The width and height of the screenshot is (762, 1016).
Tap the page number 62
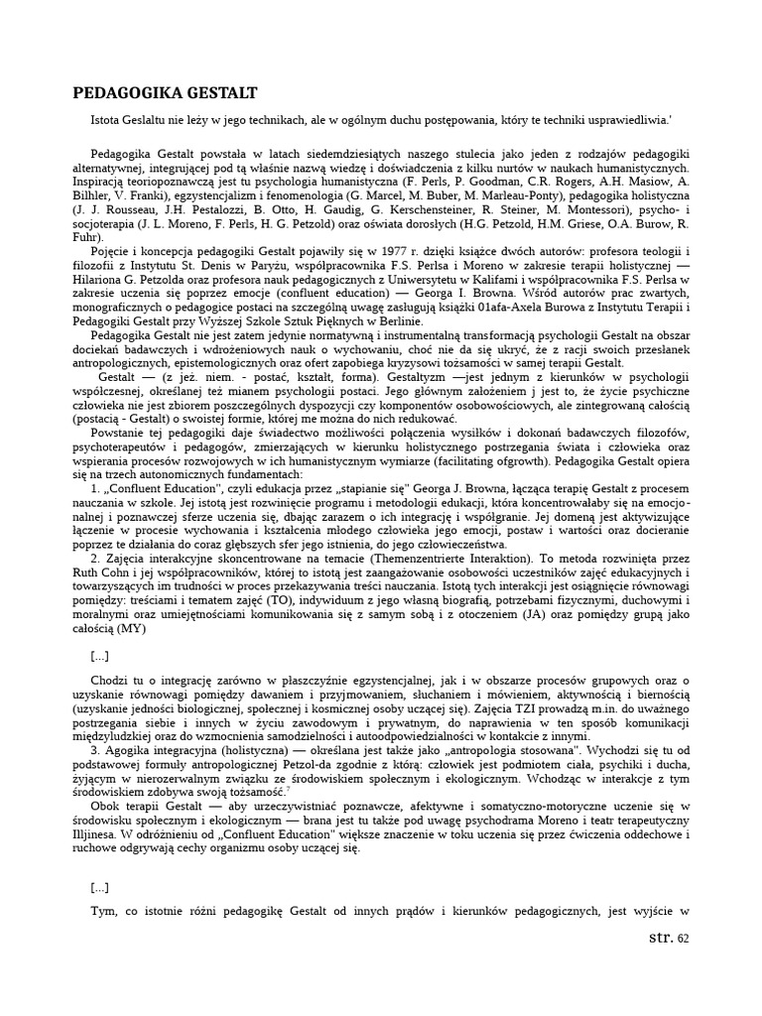point(683,939)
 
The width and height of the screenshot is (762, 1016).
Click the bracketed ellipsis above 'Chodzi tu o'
point(99,656)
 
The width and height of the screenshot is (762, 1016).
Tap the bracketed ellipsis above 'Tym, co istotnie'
point(99,887)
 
